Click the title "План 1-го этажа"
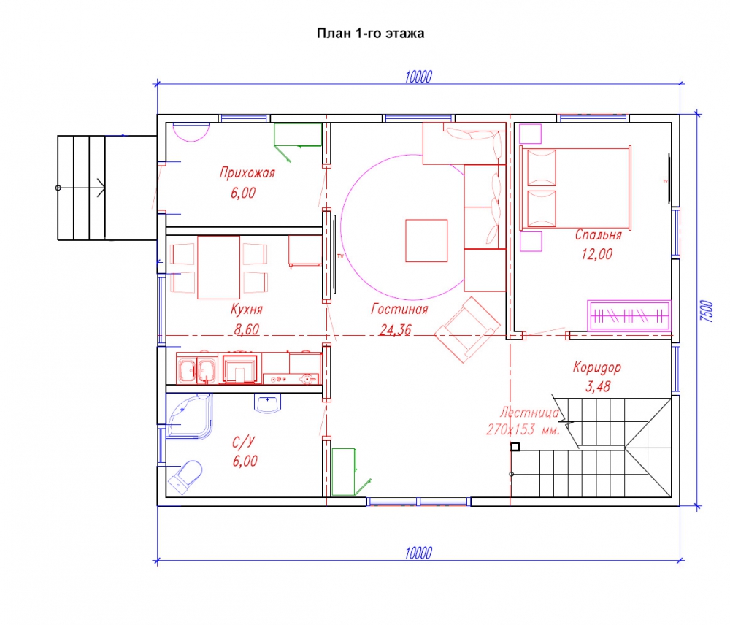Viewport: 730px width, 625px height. point(370,34)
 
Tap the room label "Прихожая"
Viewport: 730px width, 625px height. point(247,173)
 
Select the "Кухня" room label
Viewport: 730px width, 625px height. point(247,310)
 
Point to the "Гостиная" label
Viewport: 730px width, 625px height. point(399,310)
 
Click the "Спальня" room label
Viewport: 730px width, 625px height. point(599,234)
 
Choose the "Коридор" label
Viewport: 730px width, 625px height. point(597,367)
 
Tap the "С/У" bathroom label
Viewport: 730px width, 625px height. point(244,442)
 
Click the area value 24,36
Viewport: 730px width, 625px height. point(395,330)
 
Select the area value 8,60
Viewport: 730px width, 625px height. point(246,329)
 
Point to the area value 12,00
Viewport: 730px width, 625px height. point(597,254)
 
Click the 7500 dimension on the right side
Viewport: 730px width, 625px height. point(707,311)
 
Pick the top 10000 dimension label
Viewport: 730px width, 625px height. point(418,77)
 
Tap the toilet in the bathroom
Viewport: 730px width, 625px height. point(185,477)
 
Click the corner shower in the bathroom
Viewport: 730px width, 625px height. point(189,416)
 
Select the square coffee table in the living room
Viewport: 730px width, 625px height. point(426,241)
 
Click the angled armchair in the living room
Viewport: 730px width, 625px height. point(467,329)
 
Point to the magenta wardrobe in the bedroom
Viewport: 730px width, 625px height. point(629,315)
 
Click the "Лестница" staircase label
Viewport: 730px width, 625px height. point(529,413)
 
